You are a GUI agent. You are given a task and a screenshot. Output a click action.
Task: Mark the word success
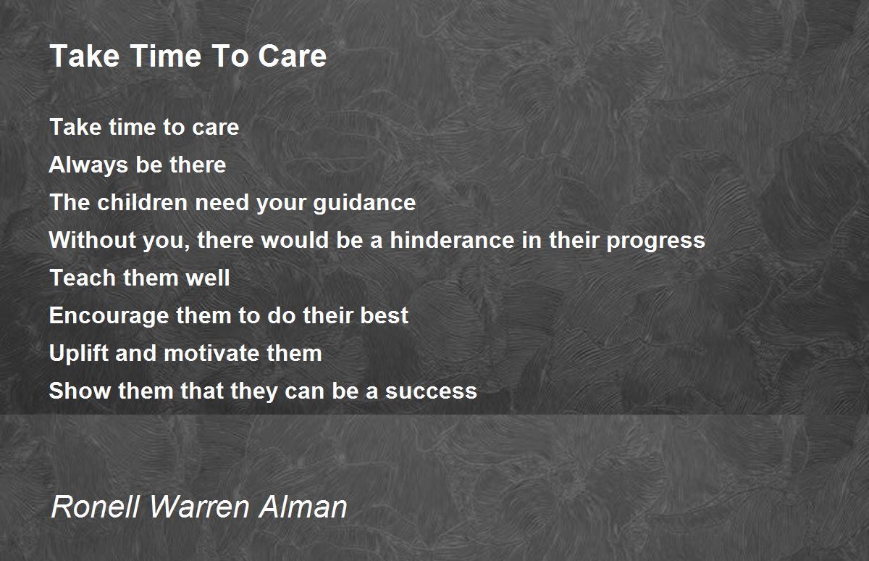431,391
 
